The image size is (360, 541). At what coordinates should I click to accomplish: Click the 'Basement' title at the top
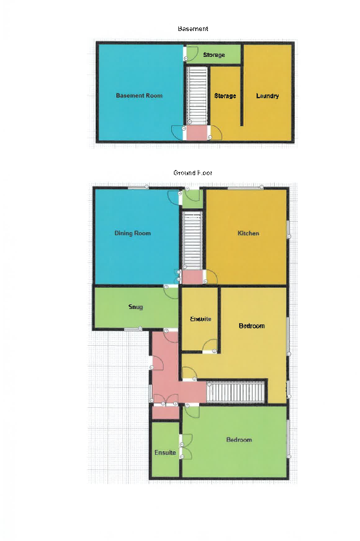(x=193, y=29)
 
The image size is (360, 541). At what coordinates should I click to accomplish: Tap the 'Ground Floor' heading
(x=193, y=173)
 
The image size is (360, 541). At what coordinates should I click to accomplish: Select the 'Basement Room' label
(x=139, y=96)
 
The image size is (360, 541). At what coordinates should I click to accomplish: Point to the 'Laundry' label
(x=268, y=96)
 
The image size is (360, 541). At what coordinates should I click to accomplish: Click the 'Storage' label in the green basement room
(x=214, y=56)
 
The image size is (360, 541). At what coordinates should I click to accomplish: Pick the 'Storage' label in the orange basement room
(x=225, y=96)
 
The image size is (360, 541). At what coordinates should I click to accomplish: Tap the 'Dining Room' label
(x=132, y=233)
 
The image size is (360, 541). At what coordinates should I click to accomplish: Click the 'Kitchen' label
(x=248, y=233)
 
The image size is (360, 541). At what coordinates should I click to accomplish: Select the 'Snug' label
(x=136, y=307)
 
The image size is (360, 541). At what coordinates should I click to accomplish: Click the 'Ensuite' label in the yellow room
(x=201, y=319)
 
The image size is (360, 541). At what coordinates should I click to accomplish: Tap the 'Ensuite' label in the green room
(x=165, y=453)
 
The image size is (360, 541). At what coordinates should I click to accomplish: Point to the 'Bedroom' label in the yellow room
(x=252, y=326)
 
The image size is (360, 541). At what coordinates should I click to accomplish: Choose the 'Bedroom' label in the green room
(x=238, y=440)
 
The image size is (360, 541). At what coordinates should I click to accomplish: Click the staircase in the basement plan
(x=196, y=95)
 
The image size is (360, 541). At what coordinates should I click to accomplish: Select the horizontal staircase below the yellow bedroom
(x=237, y=392)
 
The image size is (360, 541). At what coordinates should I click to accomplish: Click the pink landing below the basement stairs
(x=196, y=133)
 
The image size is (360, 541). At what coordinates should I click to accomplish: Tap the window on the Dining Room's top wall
(x=137, y=188)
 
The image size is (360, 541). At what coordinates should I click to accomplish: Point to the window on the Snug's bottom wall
(x=133, y=330)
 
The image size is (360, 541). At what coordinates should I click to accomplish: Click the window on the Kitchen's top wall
(x=245, y=188)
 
